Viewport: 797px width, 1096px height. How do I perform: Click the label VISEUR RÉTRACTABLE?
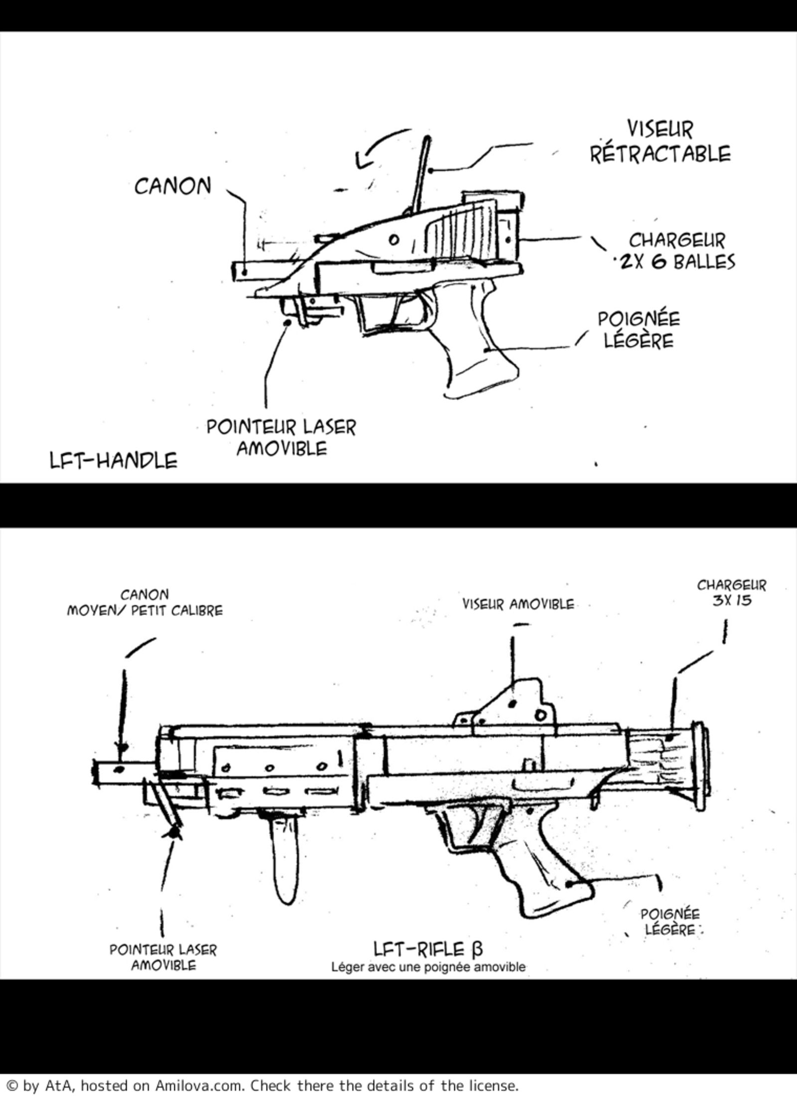pos(661,142)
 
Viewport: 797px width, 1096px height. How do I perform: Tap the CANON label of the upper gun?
pos(173,186)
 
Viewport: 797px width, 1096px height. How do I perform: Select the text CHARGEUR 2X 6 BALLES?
pos(675,251)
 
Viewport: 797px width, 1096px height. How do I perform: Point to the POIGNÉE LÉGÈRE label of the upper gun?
pos(639,330)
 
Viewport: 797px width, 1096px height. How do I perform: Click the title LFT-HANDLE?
pos(114,460)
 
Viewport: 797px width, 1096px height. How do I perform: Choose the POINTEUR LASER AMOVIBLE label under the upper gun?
pos(281,438)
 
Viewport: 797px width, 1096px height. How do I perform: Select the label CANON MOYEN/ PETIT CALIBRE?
pos(145,603)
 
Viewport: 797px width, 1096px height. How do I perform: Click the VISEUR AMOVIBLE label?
pos(518,604)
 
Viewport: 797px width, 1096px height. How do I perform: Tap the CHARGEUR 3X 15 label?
pos(731,592)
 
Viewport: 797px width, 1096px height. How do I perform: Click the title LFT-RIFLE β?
pos(428,949)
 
